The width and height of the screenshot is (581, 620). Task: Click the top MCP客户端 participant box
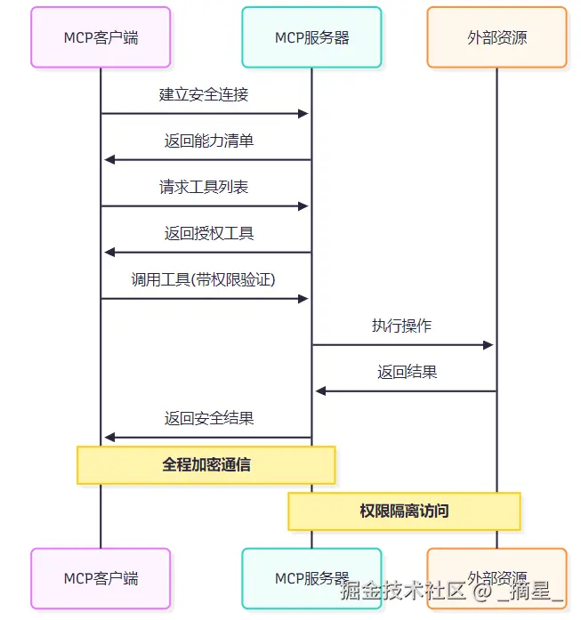pyautogui.click(x=101, y=37)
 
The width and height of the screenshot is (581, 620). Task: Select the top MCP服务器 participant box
pyautogui.click(x=311, y=37)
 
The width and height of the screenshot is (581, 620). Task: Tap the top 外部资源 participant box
pyautogui.click(x=496, y=37)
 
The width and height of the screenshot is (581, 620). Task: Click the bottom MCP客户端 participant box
pyautogui.click(x=101, y=578)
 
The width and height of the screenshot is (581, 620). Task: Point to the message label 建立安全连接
pyautogui.click(x=204, y=94)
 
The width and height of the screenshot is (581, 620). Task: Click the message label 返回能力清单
pyautogui.click(x=209, y=141)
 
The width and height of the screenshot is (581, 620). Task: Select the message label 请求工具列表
pyautogui.click(x=204, y=187)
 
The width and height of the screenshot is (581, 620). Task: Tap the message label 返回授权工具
pyautogui.click(x=209, y=233)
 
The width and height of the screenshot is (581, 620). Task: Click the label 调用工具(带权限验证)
pyautogui.click(x=203, y=279)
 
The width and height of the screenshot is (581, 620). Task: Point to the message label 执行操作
pyautogui.click(x=401, y=326)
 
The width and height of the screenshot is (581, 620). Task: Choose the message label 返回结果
pyautogui.click(x=407, y=372)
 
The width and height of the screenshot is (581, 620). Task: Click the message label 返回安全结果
pyautogui.click(x=209, y=418)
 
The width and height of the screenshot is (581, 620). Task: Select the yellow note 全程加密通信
pyautogui.click(x=206, y=465)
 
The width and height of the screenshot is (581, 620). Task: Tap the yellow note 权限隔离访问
pyautogui.click(x=404, y=511)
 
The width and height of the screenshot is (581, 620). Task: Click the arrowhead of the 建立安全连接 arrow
pyautogui.click(x=303, y=114)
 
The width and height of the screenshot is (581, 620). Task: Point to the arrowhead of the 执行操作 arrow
pyautogui.click(x=488, y=345)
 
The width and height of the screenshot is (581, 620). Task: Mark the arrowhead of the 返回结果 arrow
pyautogui.click(x=321, y=391)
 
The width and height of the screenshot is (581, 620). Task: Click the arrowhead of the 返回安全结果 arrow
pyautogui.click(x=109, y=438)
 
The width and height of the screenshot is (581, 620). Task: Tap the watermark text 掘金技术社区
pyautogui.click(x=403, y=592)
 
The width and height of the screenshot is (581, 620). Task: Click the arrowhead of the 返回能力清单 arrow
pyautogui.click(x=109, y=160)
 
